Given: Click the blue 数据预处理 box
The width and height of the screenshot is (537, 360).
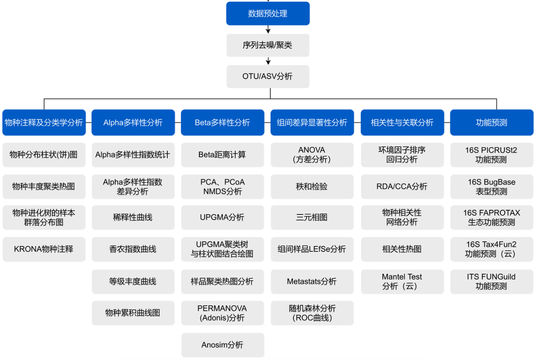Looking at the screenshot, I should [x=268, y=14].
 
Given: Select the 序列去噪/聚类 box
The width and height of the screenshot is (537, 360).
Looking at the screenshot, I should [x=268, y=45].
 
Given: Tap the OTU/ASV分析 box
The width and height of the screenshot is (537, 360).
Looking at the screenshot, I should [x=268, y=76].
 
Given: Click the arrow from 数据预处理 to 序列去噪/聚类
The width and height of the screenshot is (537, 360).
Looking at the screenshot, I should [x=268, y=29].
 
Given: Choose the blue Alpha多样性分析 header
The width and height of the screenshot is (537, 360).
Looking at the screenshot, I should [x=133, y=123].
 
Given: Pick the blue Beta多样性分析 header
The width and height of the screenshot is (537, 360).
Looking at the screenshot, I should [x=222, y=123].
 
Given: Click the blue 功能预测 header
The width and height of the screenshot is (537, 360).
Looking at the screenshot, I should [x=491, y=123].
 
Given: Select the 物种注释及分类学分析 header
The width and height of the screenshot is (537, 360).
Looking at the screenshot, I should [x=44, y=123].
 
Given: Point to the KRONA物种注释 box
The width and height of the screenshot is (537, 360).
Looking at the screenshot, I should [x=44, y=249].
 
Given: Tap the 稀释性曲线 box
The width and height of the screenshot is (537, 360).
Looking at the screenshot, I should [x=133, y=218].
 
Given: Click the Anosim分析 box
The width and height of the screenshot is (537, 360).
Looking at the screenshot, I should [x=222, y=345].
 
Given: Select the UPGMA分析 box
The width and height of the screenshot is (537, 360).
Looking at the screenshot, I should [x=222, y=218].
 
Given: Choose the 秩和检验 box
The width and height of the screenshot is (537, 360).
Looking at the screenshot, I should [x=312, y=186].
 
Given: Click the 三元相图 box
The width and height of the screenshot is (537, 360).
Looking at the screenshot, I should [x=312, y=218].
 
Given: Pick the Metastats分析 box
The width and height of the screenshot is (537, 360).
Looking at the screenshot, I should [x=312, y=281].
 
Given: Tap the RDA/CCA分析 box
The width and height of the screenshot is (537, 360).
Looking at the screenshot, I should [x=402, y=186].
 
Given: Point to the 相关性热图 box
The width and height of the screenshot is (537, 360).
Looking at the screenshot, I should [x=402, y=249].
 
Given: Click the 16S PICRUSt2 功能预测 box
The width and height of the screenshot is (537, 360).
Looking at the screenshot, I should [x=491, y=155].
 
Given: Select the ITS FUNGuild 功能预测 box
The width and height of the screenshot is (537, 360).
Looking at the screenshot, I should [x=491, y=281].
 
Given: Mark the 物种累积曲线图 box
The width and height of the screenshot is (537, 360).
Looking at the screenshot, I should [x=133, y=313].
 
